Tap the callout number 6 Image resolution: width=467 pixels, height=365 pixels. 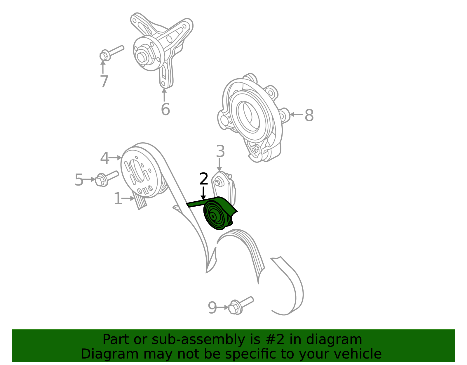pyautogui.click(x=165, y=109)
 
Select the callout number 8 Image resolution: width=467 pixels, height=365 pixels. pyautogui.click(x=309, y=115)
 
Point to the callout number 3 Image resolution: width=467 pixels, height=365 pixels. pyautogui.click(x=220, y=151)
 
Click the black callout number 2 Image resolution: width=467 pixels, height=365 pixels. pyautogui.click(x=203, y=179)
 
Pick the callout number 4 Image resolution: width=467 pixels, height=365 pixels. pyautogui.click(x=105, y=158)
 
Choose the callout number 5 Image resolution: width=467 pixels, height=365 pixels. pyautogui.click(x=79, y=180)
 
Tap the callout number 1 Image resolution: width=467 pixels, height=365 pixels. pyautogui.click(x=118, y=198)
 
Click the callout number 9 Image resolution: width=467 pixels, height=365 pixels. pyautogui.click(x=212, y=308)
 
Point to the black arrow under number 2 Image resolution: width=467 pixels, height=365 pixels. pyautogui.click(x=203, y=193)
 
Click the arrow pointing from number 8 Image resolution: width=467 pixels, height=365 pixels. pyautogui.click(x=296, y=115)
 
